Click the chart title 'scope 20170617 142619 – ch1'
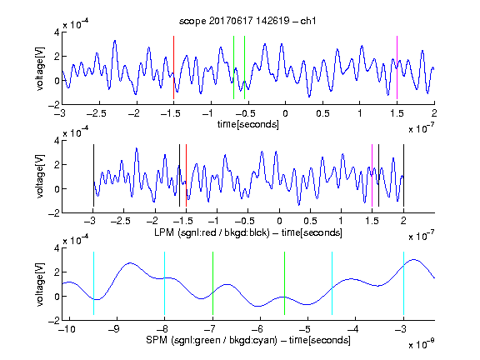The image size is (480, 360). [247, 21]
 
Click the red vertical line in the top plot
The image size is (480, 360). [174, 67]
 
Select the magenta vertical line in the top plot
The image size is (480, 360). [397, 67]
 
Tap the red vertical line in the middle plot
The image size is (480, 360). [186, 175]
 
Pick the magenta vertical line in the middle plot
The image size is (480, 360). [372, 175]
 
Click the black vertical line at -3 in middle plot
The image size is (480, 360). [93, 175]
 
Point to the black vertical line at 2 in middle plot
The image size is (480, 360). [403, 175]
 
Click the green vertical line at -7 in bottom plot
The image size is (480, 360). [212, 283]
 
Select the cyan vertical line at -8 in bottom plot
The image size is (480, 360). [165, 283]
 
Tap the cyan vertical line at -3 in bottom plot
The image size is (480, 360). [403, 283]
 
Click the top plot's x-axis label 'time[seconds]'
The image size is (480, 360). [248, 124]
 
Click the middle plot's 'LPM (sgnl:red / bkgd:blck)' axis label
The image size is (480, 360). [212, 232]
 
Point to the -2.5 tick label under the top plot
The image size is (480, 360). [97, 113]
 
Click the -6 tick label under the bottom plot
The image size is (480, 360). [257, 329]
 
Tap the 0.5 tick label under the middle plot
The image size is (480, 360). [310, 221]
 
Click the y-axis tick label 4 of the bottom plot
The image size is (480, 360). [57, 248]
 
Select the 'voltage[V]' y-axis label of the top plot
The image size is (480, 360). [40, 68]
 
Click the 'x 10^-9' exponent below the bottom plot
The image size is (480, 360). [421, 344]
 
